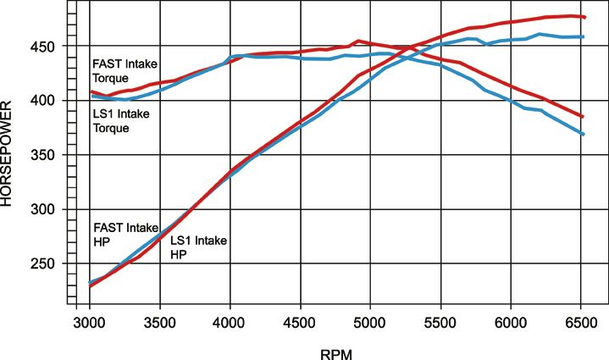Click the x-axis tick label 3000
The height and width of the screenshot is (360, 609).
click(x=90, y=323)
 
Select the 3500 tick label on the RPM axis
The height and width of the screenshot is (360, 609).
click(x=160, y=323)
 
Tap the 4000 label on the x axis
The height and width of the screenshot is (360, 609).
click(x=230, y=323)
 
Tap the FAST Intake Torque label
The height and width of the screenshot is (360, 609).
click(x=119, y=69)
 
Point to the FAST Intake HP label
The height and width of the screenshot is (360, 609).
click(x=119, y=235)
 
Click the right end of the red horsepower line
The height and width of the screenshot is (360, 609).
click(x=584, y=17)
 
